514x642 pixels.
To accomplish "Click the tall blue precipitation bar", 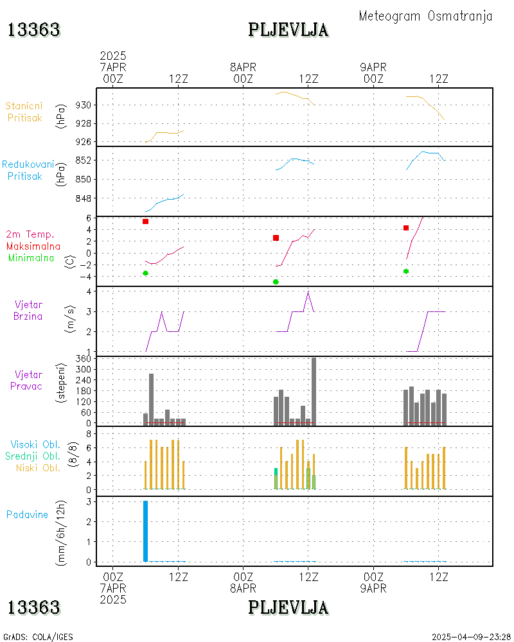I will pos(145,531).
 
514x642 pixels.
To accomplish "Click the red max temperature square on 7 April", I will pos(146,221).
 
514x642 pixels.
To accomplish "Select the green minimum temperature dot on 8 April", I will pos(276,282).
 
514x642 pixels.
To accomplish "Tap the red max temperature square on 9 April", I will pos(406,228).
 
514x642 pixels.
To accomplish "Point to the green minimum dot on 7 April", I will pos(146,273).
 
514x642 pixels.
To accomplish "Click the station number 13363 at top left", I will pos(34,30).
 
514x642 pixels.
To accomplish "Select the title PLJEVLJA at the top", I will pos(288,30).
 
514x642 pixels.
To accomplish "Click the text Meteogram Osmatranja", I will pos(425,16).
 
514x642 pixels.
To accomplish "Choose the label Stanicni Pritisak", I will pos(25,111).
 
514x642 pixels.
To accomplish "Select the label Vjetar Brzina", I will pos(29,309).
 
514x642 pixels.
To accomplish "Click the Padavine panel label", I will pos(27,514).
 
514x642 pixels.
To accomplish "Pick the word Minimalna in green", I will pos(31,257).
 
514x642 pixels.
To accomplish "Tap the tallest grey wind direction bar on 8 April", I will pos(314,391).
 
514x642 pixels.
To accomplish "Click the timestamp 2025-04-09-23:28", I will pos(471,637).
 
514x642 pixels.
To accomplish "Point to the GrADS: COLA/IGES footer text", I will pos(38,637).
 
